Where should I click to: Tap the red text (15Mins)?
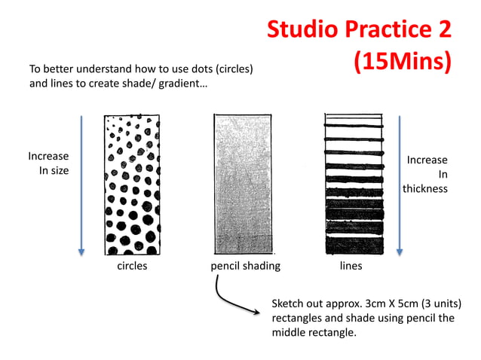coord(402,62)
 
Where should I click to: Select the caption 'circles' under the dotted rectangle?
coord(130,266)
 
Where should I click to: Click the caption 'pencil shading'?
coord(245,266)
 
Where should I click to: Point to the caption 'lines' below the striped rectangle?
coord(351,266)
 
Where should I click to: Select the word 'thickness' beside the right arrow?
coord(424,188)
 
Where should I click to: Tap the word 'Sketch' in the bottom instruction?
coord(289,304)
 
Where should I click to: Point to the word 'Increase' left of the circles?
coord(48,156)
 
